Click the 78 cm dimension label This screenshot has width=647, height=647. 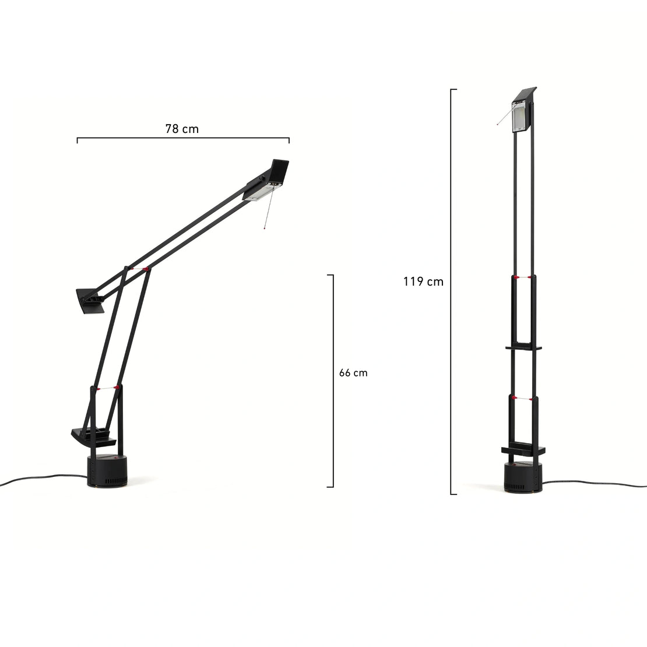pyautogui.click(x=182, y=129)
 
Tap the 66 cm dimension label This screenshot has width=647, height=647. pyautogui.click(x=353, y=372)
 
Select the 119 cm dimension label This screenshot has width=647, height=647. pyautogui.click(x=423, y=282)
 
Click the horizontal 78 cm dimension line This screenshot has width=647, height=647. pyautogui.click(x=183, y=138)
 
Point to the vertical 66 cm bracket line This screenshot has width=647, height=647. pyautogui.click(x=333, y=381)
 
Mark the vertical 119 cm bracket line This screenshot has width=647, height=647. pyautogui.click(x=451, y=291)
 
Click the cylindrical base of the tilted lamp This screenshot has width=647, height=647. pyautogui.click(x=107, y=471)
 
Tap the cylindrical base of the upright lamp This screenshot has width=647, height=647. pyautogui.click(x=523, y=477)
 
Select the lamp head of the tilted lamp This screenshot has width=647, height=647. pyautogui.click(x=267, y=181)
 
